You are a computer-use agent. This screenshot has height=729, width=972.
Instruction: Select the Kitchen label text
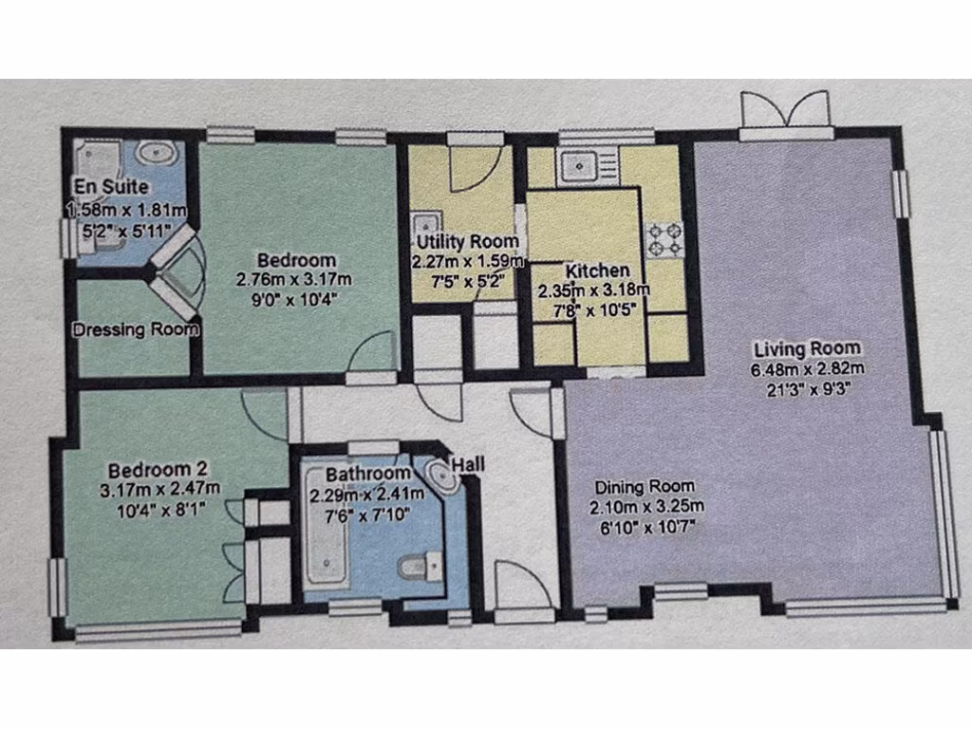click(x=594, y=271)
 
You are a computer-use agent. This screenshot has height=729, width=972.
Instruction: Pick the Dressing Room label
click(x=137, y=330)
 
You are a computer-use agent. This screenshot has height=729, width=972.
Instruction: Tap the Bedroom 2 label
click(x=158, y=469)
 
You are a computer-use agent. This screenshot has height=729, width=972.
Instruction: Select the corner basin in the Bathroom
click(x=442, y=475)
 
